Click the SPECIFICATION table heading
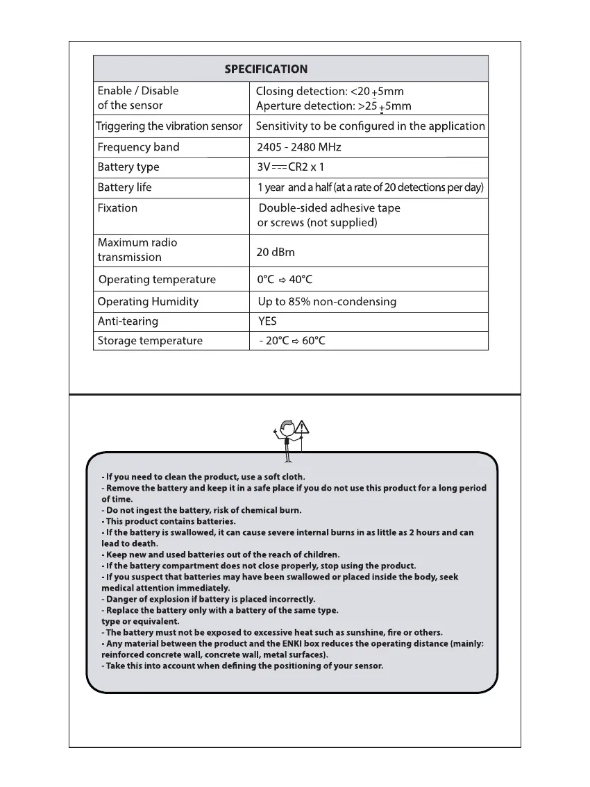266,69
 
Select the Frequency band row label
138,147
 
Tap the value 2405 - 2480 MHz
298,147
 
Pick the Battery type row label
128,167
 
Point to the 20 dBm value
276,251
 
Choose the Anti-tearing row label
128,321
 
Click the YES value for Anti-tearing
267,321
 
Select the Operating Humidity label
148,301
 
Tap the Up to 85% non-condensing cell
327,301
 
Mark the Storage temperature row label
150,341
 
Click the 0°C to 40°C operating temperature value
285,280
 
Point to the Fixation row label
117,208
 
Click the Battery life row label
124,187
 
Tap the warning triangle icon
302,428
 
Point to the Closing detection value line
330,91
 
